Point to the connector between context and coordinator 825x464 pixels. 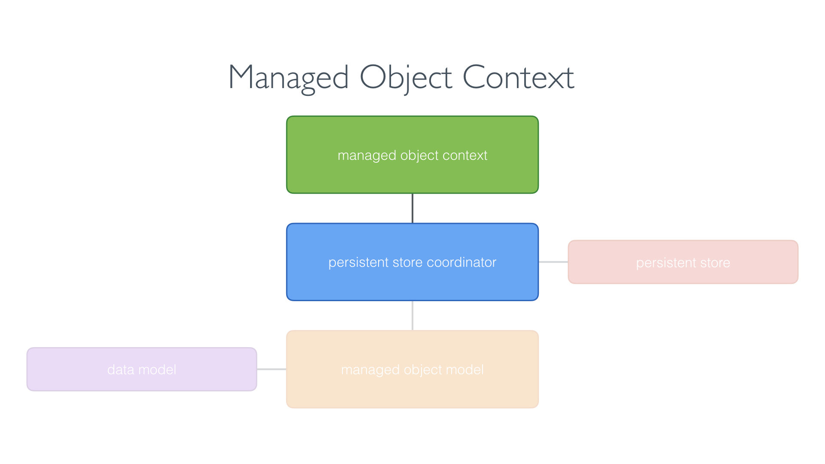click(x=412, y=208)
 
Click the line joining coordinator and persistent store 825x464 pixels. click(x=553, y=262)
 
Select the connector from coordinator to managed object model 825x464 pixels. click(x=412, y=315)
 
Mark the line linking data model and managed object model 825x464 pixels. click(x=272, y=369)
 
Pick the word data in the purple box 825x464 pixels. click(x=121, y=369)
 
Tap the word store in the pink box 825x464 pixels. click(x=715, y=263)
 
